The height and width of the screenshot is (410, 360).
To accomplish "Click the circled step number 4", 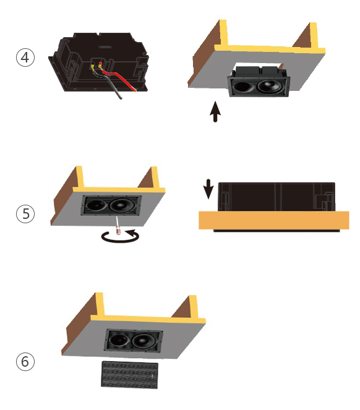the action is point(25,58).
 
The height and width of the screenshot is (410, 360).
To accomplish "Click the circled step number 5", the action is point(25,213).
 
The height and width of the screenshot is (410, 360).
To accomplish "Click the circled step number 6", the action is point(25,362).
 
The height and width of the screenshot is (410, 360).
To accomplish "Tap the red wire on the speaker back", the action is point(118,77).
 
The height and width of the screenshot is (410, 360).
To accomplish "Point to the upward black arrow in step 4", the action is point(215,112).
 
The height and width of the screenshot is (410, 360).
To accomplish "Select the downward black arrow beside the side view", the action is point(208,189).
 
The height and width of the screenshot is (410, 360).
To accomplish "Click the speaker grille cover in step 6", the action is point(129,375).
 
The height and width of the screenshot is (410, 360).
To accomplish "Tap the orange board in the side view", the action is point(274,220).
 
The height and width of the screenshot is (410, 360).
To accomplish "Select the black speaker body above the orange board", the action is point(276,197).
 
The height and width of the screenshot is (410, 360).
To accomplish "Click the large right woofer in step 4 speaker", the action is point(270,87).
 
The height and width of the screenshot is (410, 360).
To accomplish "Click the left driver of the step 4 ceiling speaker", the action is point(242,87).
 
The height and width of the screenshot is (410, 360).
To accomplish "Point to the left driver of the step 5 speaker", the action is point(96,204).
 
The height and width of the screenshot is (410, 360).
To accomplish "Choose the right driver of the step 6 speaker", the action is point(144,341).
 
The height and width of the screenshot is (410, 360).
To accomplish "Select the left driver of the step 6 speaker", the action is point(118,340).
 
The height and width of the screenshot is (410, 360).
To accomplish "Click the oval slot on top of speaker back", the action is point(105,47).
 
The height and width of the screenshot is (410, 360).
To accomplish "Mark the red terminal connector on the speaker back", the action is point(100,64).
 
